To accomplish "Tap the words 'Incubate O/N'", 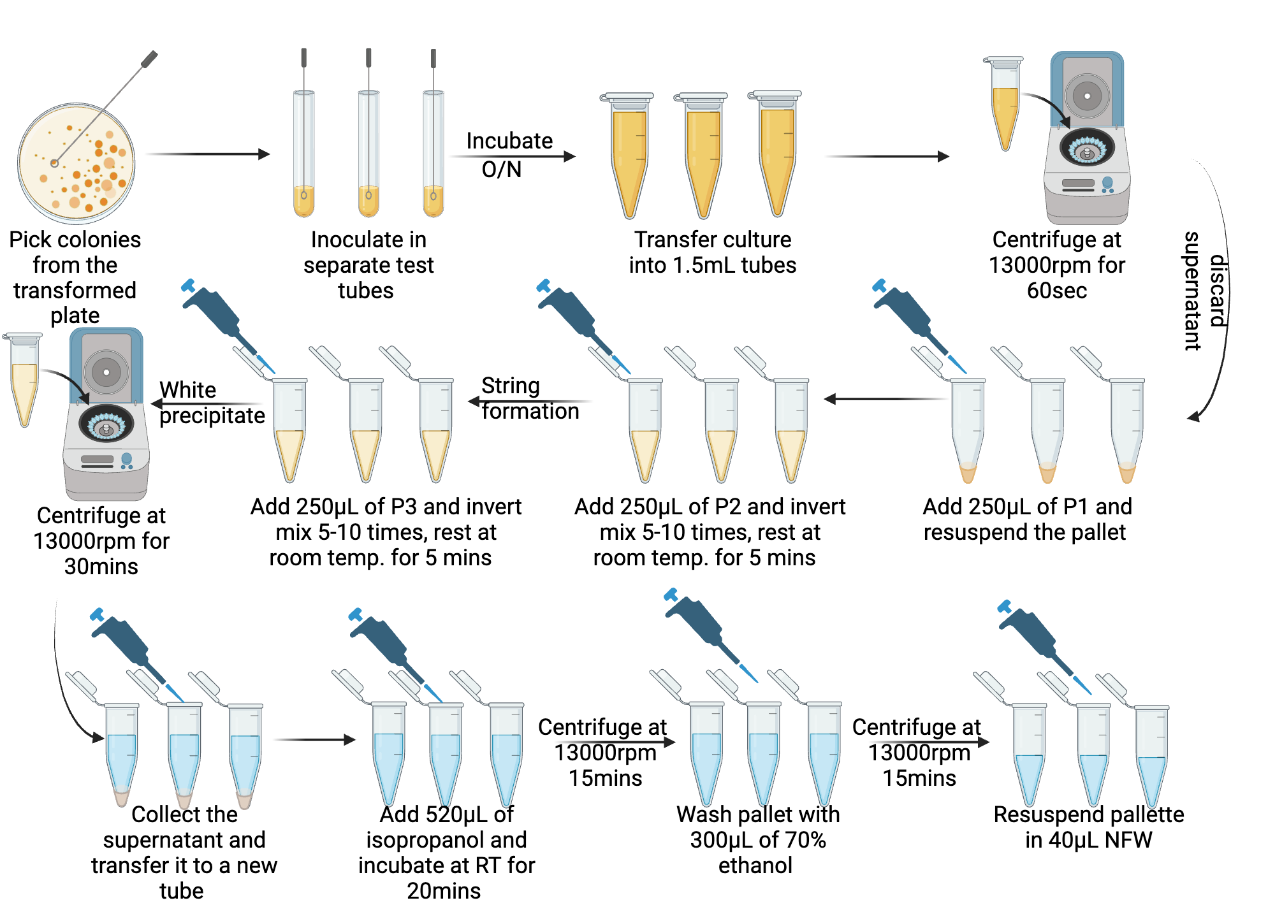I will [509, 155].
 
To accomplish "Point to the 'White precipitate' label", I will [210, 402].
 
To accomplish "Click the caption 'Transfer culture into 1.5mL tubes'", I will [712, 252].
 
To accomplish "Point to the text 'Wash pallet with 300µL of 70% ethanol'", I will [757, 839].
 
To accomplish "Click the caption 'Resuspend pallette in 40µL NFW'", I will [1088, 827].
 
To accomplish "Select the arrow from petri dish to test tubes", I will [208, 154].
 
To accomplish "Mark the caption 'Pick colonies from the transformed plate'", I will [75, 277].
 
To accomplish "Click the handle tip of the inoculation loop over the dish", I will [150, 59].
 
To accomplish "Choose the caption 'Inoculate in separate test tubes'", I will [368, 264].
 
